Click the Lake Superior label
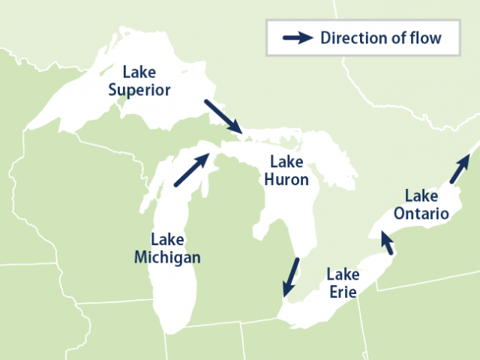pyautogui.click(x=139, y=82)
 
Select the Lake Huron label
pyautogui.click(x=286, y=171)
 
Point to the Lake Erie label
pyautogui.click(x=342, y=282)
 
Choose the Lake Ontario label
pyautogui.click(x=422, y=205)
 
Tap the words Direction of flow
pyautogui.click(x=380, y=38)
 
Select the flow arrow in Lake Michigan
pyautogui.click(x=191, y=169)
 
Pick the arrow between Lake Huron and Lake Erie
pyautogui.click(x=290, y=277)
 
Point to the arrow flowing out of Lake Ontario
pyautogui.click(x=460, y=169)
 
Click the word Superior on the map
pyautogui.click(x=139, y=90)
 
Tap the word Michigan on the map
pyautogui.click(x=167, y=257)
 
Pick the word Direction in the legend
pyautogui.click(x=351, y=38)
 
